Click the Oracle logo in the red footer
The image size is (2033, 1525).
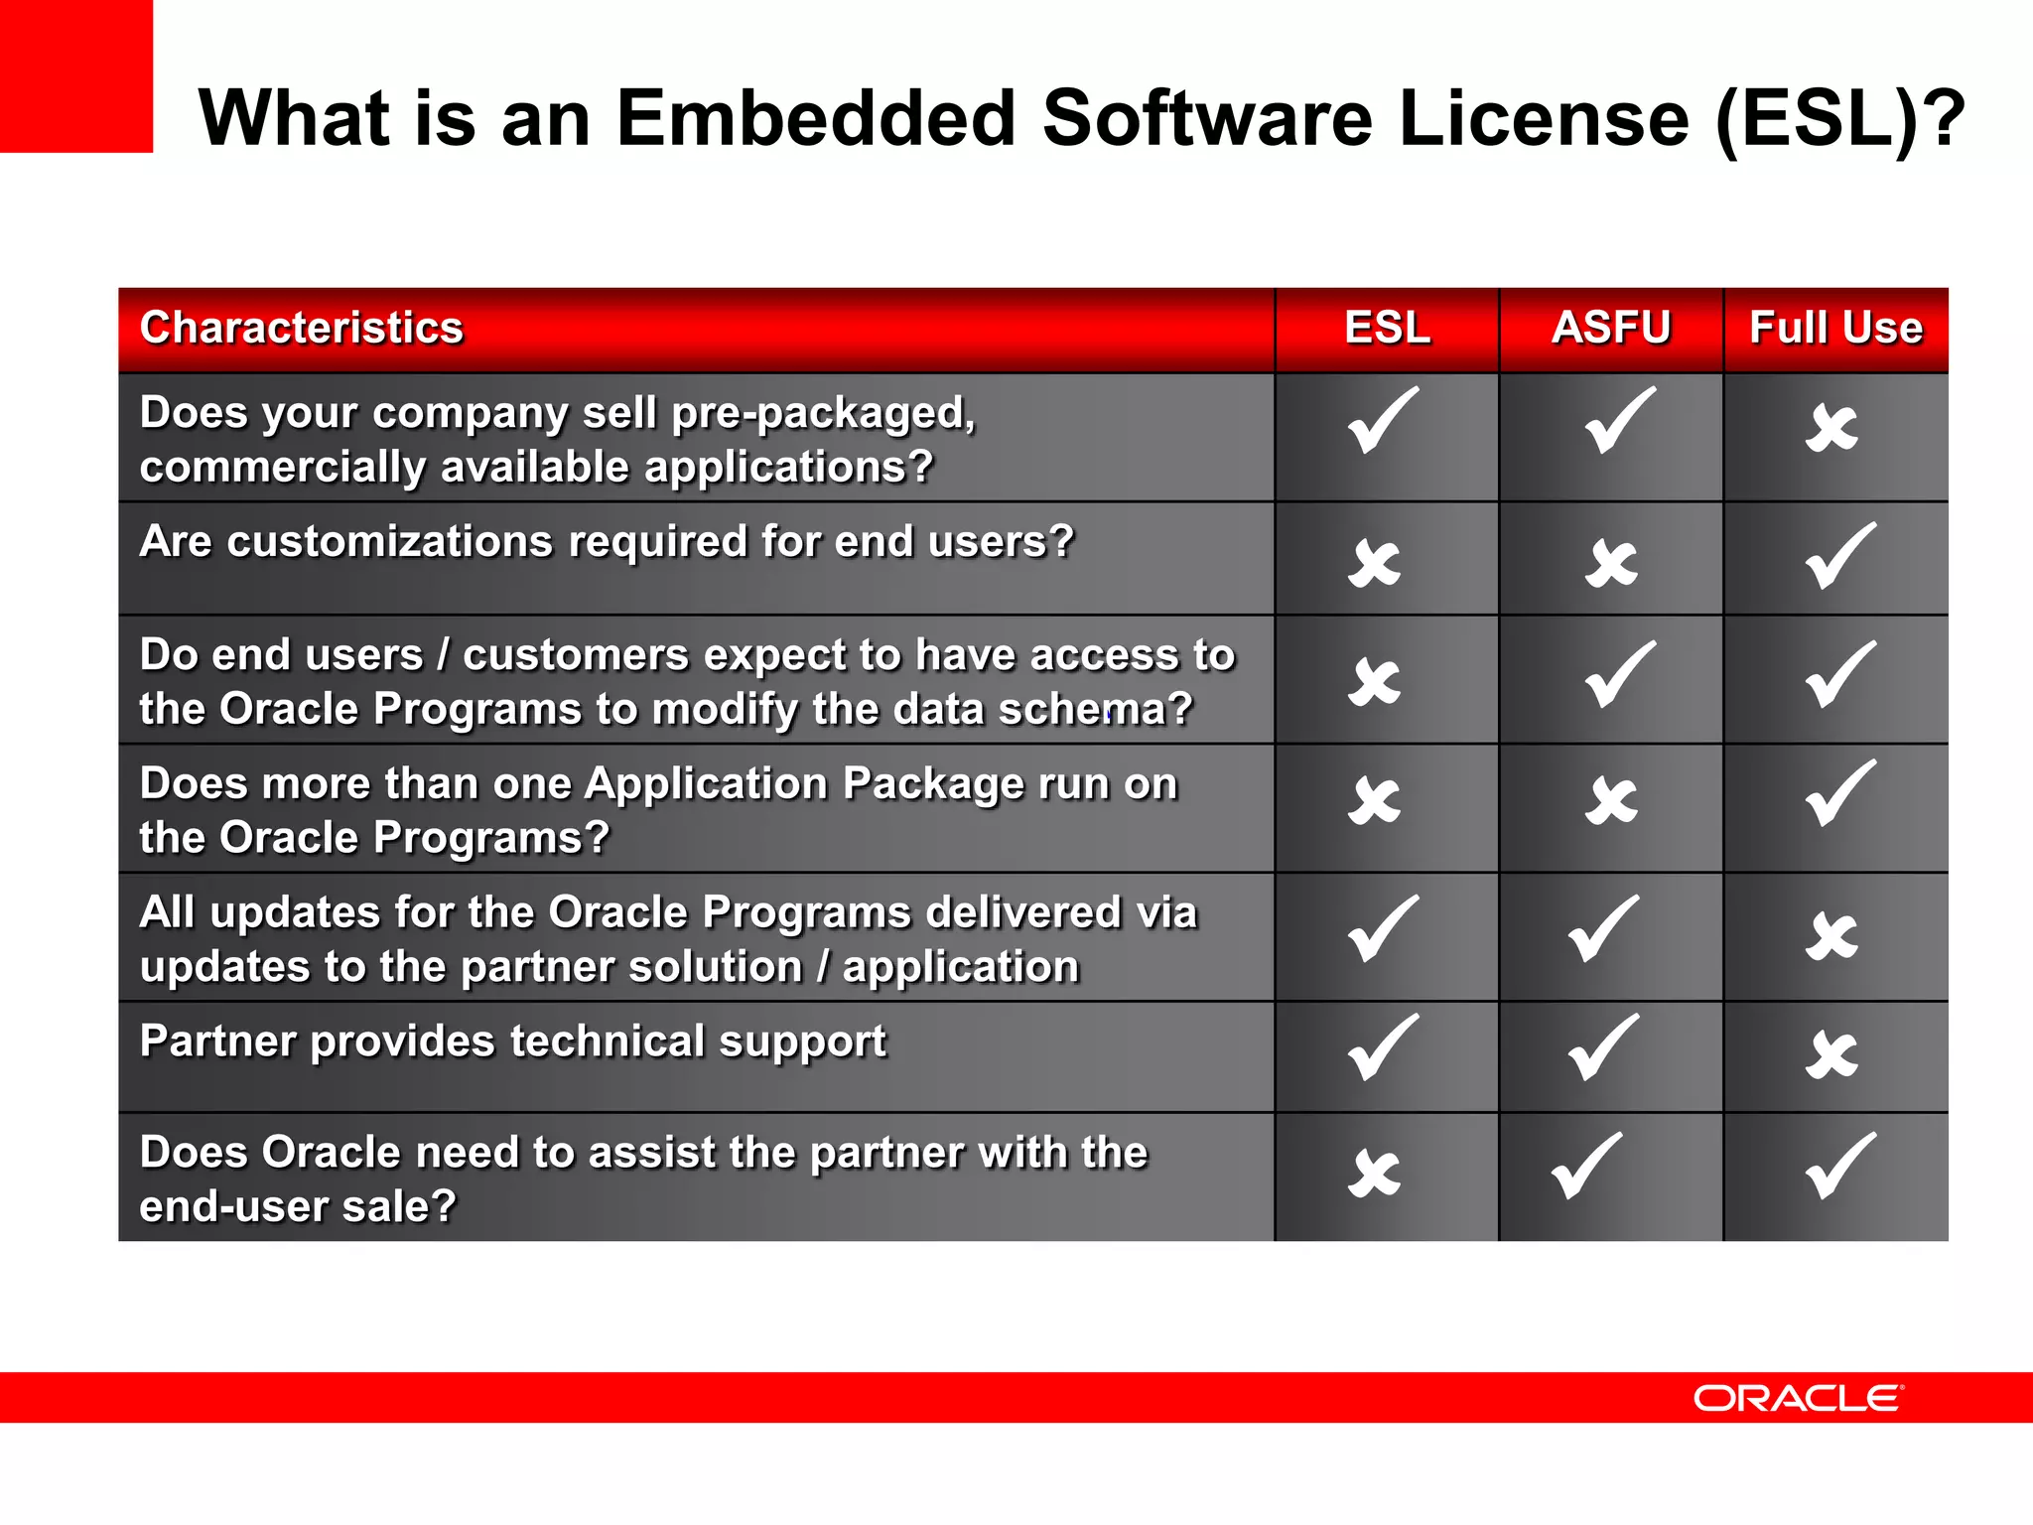1798,1398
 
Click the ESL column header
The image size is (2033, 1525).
1387,328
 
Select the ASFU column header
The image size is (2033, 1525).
1610,328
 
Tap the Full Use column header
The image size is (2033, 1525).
1835,328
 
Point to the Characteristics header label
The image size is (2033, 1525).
302,328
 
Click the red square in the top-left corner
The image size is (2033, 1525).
75,75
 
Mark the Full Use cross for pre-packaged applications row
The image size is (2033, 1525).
1831,429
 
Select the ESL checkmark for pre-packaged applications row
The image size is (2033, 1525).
1383,421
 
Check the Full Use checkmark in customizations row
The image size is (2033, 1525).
1840,556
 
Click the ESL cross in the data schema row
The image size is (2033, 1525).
1375,682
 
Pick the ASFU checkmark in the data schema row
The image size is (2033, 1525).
1619,675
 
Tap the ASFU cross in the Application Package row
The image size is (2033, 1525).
1611,801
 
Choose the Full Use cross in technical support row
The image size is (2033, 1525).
1831,1054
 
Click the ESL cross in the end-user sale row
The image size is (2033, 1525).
1375,1174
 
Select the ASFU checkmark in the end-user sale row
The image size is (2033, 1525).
1586,1167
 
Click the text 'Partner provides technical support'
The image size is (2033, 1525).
512,1041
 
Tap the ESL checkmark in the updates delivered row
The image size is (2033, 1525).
1383,929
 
